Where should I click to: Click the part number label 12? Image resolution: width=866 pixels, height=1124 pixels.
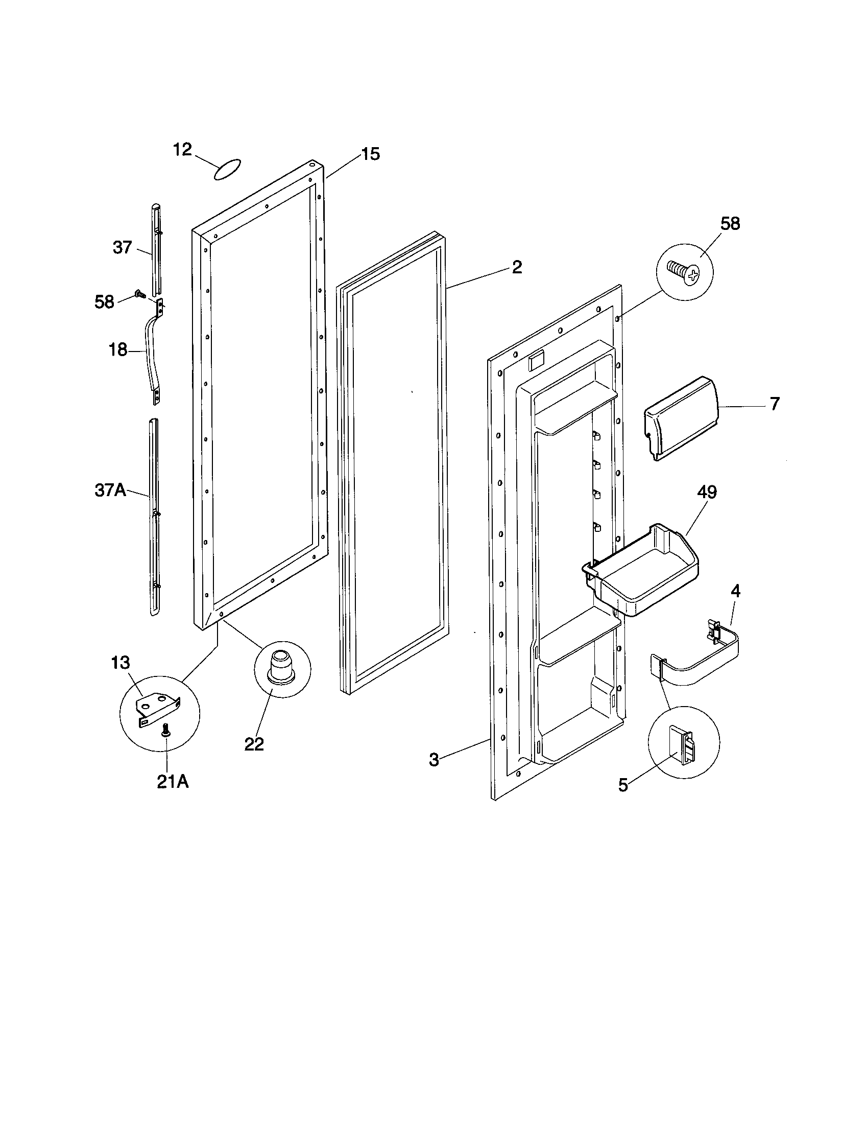tap(182, 149)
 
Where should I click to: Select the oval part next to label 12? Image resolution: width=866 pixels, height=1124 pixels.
tap(227, 169)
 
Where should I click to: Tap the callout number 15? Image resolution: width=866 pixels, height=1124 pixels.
tap(370, 153)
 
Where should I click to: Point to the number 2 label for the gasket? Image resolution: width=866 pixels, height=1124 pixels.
tap(517, 267)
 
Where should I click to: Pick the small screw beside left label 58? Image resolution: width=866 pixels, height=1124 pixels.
tap(138, 294)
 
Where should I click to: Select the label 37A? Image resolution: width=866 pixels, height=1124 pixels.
tap(111, 490)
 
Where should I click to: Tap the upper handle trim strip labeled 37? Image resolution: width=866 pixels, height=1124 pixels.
tap(156, 252)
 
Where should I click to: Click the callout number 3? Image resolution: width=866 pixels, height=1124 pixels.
tap(435, 760)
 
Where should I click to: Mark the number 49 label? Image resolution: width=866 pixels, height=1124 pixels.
tap(707, 492)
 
